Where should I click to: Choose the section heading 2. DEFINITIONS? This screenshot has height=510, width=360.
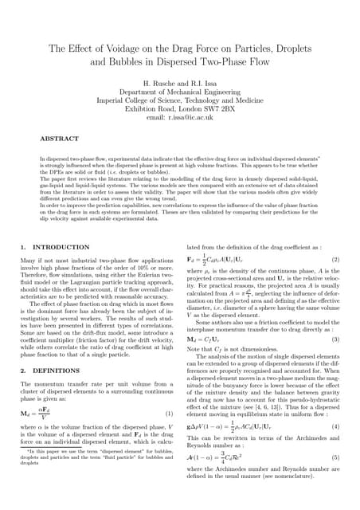(52, 371)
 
